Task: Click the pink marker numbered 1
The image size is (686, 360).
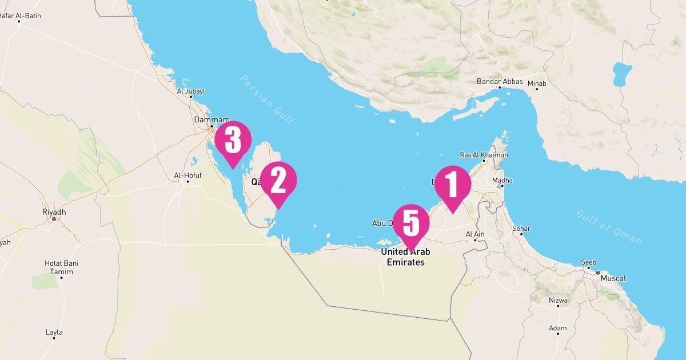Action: click(452, 185)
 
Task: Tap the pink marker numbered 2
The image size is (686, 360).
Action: click(278, 181)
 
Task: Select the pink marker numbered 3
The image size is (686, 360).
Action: click(233, 140)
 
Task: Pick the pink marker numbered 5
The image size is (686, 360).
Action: click(411, 223)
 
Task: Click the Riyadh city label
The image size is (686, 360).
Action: click(54, 212)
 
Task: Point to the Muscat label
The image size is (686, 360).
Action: click(613, 278)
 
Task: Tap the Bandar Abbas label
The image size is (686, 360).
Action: click(500, 82)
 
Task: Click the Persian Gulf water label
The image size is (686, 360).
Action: click(267, 99)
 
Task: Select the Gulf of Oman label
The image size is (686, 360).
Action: click(608, 226)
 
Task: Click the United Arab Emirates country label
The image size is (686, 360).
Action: click(406, 257)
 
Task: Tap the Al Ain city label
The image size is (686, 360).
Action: click(475, 234)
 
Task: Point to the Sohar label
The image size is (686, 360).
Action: click(521, 229)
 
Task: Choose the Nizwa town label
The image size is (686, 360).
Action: click(558, 300)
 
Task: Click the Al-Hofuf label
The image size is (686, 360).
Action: click(188, 175)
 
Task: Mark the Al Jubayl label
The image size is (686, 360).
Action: click(191, 91)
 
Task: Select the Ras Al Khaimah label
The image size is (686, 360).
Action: click(484, 155)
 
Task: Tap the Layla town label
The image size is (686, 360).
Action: click(54, 332)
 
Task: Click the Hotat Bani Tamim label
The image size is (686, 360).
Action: click(61, 267)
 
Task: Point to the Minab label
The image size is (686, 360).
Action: click(537, 83)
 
